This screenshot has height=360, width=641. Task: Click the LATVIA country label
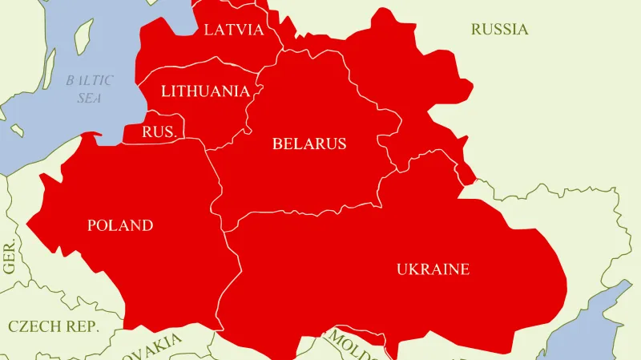click(234, 30)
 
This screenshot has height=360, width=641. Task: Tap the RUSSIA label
click(499, 30)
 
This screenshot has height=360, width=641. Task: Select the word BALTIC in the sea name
click(90, 80)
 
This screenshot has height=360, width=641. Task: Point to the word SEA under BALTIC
click(90, 98)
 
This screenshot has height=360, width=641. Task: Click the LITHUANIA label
click(205, 91)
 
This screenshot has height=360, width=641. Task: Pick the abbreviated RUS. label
click(159, 132)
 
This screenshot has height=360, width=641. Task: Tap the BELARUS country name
click(309, 144)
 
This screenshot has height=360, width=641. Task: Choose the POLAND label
click(119, 225)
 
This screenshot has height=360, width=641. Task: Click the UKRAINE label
click(433, 269)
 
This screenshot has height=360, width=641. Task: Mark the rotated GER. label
click(10, 257)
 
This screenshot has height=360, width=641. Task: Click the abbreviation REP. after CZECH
click(83, 326)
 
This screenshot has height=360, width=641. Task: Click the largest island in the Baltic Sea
click(81, 36)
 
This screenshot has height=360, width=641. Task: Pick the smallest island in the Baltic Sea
click(15, 129)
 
